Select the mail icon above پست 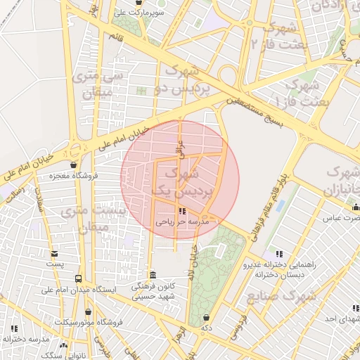[55, 254]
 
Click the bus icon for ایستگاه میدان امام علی [77, 279]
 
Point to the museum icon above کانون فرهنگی [153, 275]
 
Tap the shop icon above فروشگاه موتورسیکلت [88, 311]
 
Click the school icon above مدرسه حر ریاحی [182, 211]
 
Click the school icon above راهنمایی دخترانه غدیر [279, 254]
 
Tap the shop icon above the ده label [205, 317]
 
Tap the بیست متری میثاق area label [94, 219]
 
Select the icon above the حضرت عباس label [355, 207]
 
